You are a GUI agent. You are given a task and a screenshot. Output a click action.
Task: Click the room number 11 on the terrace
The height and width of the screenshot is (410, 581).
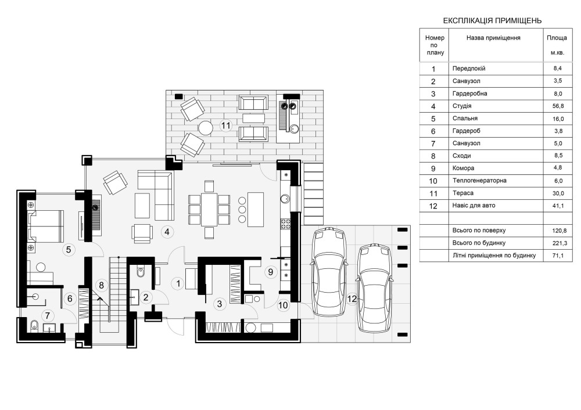[x=225, y=125]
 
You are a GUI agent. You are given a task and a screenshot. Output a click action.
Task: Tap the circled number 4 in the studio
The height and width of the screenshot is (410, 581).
[x=167, y=232]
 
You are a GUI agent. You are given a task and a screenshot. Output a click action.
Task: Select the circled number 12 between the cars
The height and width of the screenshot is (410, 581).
[x=352, y=298]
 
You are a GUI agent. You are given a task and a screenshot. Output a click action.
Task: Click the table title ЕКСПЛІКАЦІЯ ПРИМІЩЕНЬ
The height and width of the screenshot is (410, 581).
[x=492, y=21]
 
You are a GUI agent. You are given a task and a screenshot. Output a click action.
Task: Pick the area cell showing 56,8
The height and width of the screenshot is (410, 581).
[x=558, y=106]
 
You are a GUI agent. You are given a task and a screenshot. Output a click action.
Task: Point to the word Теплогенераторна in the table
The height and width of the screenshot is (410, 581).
[x=479, y=181]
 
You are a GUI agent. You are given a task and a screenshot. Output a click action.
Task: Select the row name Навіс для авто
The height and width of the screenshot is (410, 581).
[x=474, y=206]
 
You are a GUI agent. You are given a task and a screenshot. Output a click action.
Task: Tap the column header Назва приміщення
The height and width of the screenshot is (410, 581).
[x=493, y=38]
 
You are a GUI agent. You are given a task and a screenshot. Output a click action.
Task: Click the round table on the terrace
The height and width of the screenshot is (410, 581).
[x=205, y=128]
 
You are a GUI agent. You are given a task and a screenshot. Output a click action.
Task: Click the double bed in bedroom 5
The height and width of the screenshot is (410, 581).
[x=45, y=226]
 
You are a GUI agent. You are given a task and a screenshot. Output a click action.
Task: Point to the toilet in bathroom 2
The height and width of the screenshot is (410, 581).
[x=141, y=273]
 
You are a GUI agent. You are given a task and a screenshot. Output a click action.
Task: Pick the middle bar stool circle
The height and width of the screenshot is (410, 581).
[x=242, y=210]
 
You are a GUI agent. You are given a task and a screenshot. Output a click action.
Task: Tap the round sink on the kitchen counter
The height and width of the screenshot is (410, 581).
[x=285, y=199]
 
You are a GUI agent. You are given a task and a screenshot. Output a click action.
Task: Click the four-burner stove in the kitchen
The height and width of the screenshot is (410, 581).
[x=286, y=224]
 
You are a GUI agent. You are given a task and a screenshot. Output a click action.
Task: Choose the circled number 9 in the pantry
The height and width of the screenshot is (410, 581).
[x=271, y=272]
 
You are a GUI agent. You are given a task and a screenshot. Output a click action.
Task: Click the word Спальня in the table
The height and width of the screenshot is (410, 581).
[x=465, y=118]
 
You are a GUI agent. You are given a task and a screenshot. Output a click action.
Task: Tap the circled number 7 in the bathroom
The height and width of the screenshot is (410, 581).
[x=48, y=316]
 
